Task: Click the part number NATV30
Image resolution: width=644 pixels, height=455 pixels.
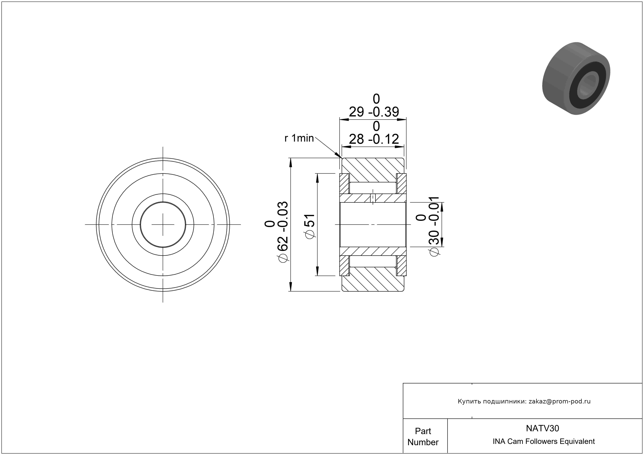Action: click(542, 428)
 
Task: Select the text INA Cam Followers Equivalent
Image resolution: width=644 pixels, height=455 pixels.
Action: click(544, 441)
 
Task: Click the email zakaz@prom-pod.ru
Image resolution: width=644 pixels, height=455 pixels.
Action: click(560, 401)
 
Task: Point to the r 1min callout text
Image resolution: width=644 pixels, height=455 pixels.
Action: click(299, 138)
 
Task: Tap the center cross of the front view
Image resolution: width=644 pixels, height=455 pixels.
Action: click(163, 225)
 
